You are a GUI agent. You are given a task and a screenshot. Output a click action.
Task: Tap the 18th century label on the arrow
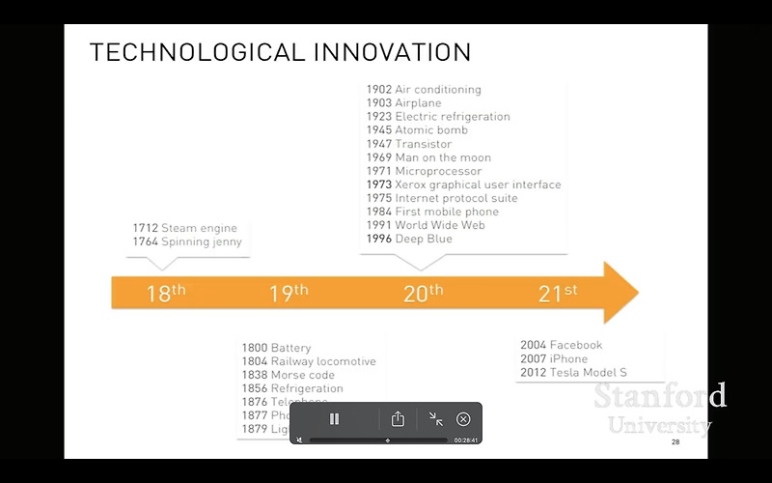click(166, 293)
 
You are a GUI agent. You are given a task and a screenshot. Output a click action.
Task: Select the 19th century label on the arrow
click(289, 293)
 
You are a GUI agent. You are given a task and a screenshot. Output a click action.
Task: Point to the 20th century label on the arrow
click(423, 293)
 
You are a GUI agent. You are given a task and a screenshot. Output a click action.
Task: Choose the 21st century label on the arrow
click(558, 293)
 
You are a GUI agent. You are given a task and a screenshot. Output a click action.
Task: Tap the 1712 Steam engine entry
click(184, 228)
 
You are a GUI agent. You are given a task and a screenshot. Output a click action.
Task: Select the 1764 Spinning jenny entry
click(187, 241)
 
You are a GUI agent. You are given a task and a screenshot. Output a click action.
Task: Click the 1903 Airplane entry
click(403, 103)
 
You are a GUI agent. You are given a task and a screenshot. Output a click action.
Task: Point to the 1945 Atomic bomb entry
click(417, 130)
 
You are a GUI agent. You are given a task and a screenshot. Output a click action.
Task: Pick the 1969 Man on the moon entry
click(428, 157)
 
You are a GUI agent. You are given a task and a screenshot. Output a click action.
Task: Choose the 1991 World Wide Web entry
click(426, 225)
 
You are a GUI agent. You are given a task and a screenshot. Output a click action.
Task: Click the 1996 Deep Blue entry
click(409, 239)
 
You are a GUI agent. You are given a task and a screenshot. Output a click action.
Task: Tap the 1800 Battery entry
click(276, 348)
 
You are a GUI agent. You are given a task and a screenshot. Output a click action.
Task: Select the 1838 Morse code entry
click(288, 375)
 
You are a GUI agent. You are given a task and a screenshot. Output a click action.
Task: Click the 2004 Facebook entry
click(561, 345)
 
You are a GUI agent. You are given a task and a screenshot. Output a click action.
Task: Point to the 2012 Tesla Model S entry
click(573, 372)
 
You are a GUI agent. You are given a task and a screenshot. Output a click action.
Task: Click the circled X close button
click(463, 419)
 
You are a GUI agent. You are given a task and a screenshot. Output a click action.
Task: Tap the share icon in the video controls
click(398, 419)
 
